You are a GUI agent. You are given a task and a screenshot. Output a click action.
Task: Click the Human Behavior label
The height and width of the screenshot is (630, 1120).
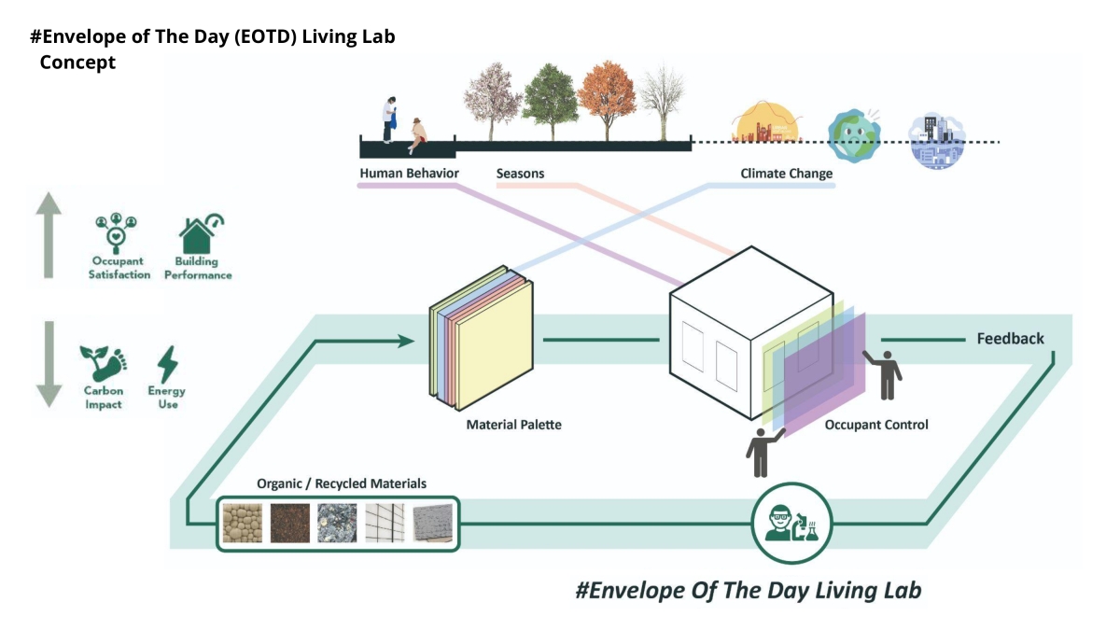[409, 174]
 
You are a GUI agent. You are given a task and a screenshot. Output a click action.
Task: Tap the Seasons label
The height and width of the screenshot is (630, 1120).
[520, 174]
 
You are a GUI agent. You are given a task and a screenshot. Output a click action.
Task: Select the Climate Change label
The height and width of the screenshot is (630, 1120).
[786, 174]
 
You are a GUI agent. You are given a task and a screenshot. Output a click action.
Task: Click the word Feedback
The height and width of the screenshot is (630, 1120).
[1010, 339]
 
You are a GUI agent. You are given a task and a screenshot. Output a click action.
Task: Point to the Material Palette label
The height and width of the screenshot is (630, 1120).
[513, 425]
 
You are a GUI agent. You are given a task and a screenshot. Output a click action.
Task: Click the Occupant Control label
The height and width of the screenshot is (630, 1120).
[876, 425]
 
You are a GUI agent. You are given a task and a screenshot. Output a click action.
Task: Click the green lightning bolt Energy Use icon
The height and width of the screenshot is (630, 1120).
[168, 365]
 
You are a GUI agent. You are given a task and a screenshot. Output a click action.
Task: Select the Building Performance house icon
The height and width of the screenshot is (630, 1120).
[199, 234]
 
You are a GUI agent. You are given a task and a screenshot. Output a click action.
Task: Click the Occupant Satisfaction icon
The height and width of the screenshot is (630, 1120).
[119, 235]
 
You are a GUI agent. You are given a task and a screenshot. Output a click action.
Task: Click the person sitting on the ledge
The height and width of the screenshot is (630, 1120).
[416, 134]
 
